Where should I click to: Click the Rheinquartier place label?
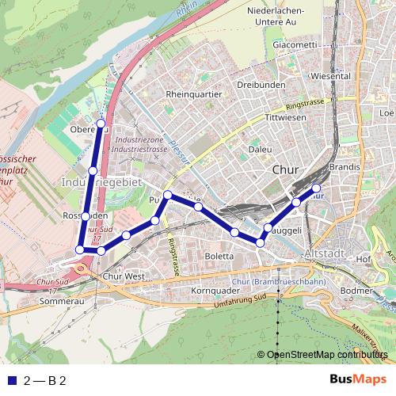tap(194, 93)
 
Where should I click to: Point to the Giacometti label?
tap(295, 45)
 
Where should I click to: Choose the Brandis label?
tap(344, 168)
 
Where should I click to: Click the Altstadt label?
tap(324, 253)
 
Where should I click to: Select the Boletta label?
tap(219, 257)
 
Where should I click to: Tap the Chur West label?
tap(124, 276)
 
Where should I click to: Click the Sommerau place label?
tap(61, 302)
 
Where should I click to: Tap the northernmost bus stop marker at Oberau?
tap(101, 123)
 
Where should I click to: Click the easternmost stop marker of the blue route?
tap(316, 188)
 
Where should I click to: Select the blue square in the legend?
tap(11, 381)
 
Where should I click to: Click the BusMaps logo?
tap(358, 380)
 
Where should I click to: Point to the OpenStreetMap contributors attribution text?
tap(327, 355)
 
